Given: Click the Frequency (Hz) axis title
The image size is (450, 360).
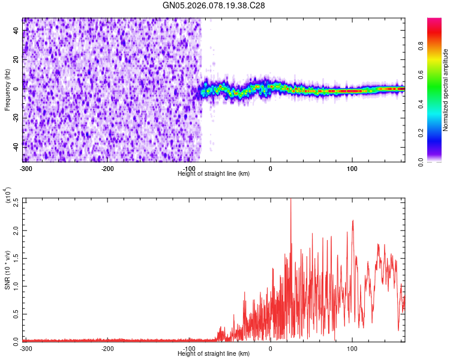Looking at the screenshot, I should [x=7, y=89].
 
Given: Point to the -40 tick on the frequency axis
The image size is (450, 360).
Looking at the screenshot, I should [x=17, y=146].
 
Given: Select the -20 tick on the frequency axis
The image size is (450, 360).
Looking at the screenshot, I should [x=17, y=117].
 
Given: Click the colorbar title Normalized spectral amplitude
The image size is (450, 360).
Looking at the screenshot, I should [x=446, y=90].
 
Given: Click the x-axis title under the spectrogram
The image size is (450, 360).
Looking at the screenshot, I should [x=214, y=174].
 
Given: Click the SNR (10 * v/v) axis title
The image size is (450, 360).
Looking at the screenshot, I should [x=7, y=269].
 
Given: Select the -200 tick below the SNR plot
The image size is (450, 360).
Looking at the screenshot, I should [x=107, y=349].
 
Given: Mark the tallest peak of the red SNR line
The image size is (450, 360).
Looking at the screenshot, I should [x=291, y=199].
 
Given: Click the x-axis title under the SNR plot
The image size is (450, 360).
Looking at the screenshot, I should [x=214, y=354].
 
